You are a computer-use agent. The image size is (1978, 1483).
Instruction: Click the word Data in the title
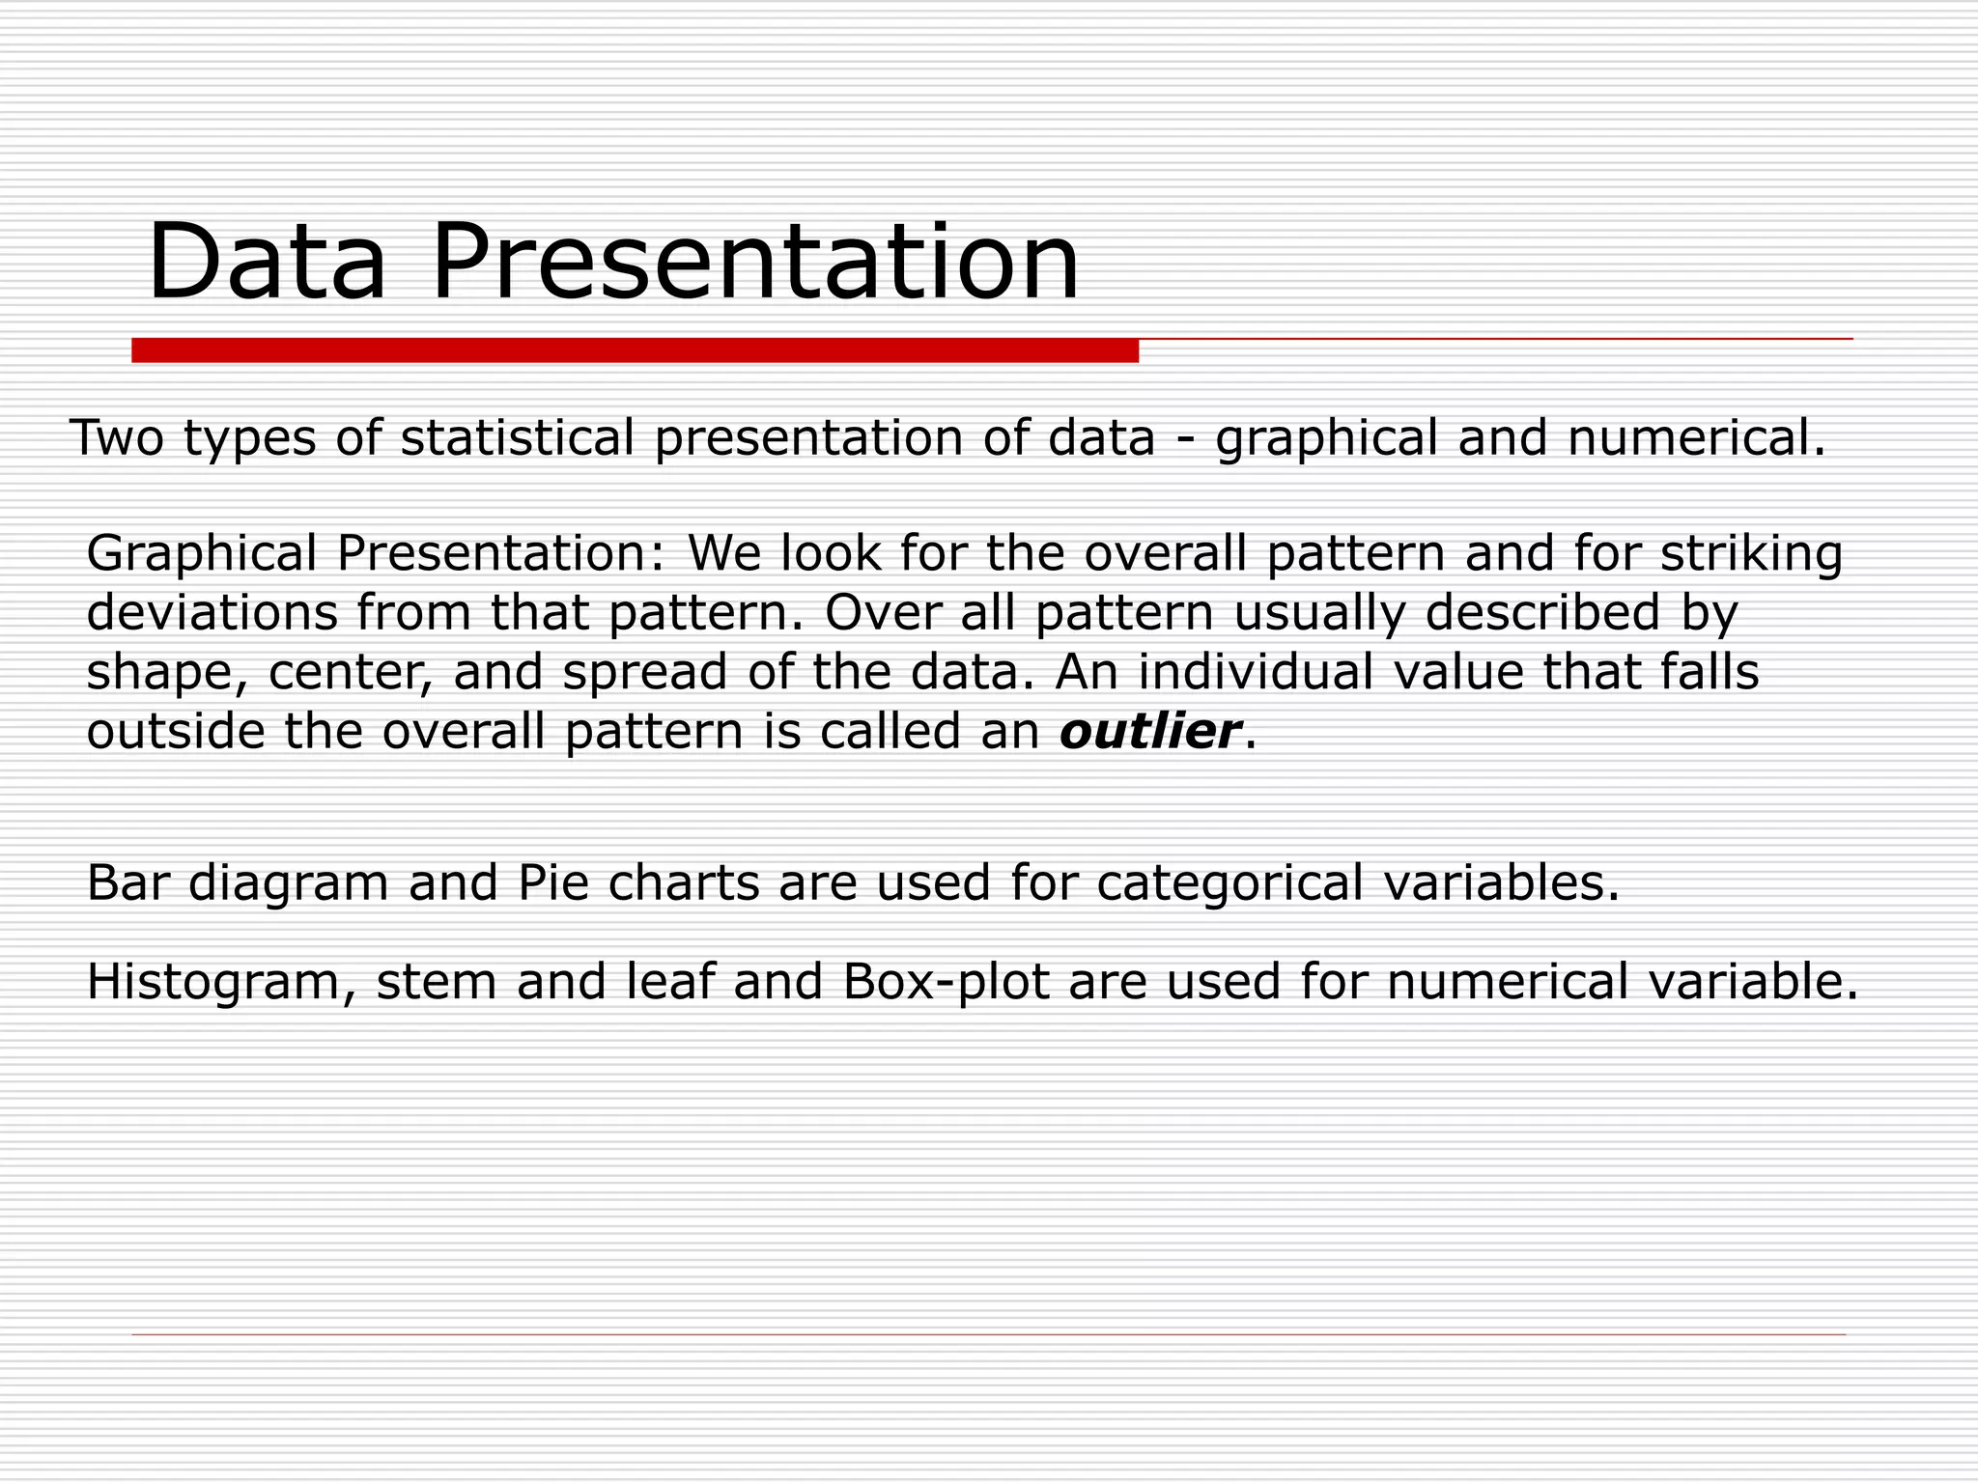pos(266,262)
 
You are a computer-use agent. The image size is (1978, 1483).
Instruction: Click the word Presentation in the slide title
pos(754,262)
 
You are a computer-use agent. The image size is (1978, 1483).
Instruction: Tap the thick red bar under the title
pos(635,350)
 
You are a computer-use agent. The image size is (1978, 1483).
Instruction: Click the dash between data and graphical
pos(1185,439)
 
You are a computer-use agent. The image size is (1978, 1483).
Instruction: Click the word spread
pos(644,673)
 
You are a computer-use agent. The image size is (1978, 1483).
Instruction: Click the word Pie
pos(553,882)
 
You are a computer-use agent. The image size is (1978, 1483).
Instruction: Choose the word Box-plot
pos(946,982)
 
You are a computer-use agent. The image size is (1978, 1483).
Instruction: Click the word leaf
pos(670,981)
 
